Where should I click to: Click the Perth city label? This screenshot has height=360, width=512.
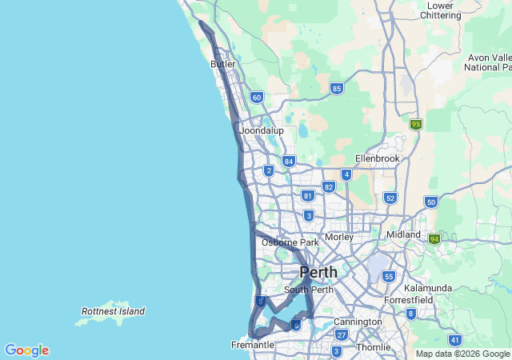[318, 273]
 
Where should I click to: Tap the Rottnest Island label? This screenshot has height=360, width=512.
[113, 311]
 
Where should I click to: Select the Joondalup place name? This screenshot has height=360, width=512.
[262, 130]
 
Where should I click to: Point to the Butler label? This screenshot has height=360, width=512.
[223, 64]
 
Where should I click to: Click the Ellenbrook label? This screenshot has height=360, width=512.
[377, 158]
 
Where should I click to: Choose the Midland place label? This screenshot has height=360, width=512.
[403, 234]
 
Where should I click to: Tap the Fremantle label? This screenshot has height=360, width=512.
[252, 345]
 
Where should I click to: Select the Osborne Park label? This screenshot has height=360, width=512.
[290, 242]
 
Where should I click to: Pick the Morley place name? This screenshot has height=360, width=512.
[339, 237]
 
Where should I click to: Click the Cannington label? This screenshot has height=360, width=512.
[358, 322]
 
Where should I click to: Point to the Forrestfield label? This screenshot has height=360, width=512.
[409, 301]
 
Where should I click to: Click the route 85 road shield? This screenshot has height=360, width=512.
[337, 88]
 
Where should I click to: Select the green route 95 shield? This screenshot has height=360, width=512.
[415, 124]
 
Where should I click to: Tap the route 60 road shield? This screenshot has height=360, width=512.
[256, 97]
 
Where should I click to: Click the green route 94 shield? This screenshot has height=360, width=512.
[434, 239]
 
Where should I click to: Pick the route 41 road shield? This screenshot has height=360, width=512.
[455, 340]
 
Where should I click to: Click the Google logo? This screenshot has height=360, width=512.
[26, 350]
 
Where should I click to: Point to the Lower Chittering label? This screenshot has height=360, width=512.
[440, 10]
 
